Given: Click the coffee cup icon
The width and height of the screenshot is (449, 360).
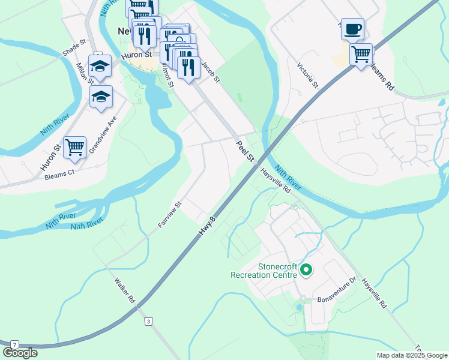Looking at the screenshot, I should tap(352, 29).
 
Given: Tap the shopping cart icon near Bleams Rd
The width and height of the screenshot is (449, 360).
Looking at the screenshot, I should tap(361, 55).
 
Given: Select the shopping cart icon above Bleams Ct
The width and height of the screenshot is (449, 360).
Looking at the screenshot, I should tap(74, 147).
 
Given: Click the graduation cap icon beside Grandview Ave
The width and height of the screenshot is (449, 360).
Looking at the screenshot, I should tap(101, 96).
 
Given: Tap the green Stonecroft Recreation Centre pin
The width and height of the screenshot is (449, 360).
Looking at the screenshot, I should tap(306, 271).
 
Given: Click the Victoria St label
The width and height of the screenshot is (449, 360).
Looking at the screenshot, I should tap(308, 75).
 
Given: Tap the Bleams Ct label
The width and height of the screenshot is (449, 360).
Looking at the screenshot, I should tap(59, 175).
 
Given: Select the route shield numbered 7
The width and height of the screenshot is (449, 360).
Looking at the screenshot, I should tap(14, 344).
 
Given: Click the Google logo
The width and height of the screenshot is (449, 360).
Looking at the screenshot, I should tap(20, 353).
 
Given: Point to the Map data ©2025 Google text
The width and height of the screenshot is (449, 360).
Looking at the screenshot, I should tap(412, 355).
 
